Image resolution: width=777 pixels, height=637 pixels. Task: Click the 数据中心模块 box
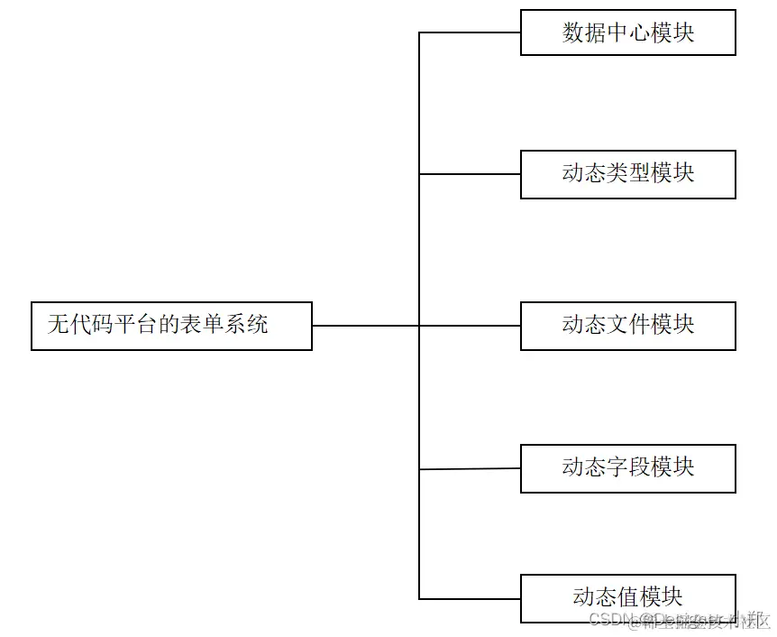click(628, 32)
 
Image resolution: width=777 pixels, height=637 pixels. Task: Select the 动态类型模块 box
click(628, 174)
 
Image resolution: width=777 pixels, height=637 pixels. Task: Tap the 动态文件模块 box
click(628, 326)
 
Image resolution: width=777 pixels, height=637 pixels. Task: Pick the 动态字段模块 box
click(628, 468)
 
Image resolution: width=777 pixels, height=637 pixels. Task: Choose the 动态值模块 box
click(628, 598)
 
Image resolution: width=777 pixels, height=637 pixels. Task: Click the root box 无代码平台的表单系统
click(171, 326)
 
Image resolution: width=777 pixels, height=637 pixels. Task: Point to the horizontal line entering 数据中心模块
click(470, 32)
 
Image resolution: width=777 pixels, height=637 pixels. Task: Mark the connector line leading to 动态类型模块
click(470, 174)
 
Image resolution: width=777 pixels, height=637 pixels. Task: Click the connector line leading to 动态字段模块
click(470, 469)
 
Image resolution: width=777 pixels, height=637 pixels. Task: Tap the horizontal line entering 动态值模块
click(470, 598)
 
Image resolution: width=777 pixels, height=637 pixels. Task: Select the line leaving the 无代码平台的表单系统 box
click(365, 326)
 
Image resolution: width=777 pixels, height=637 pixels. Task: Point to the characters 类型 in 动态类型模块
click(628, 173)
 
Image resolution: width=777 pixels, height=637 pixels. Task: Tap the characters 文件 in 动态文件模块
click(628, 325)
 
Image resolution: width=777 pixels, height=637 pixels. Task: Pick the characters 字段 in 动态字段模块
click(628, 467)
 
